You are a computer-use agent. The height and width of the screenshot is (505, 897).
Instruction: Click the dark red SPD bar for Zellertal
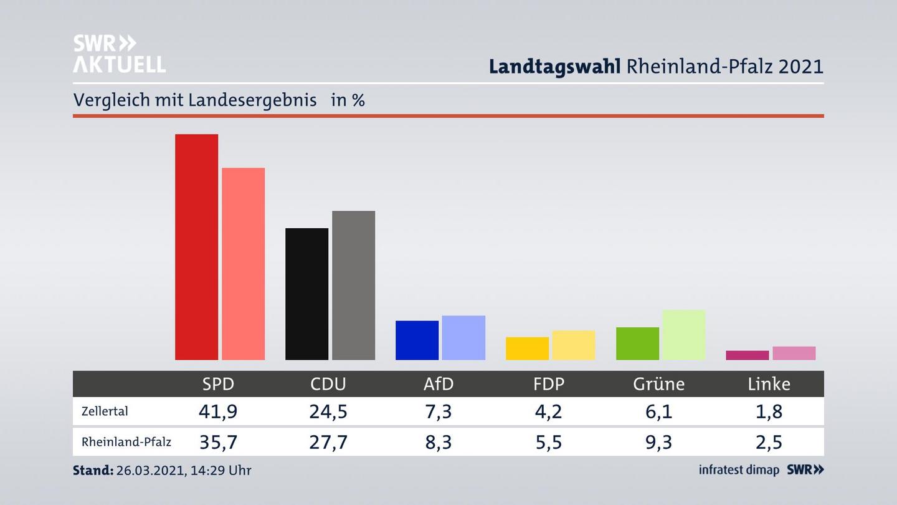pos(196,247)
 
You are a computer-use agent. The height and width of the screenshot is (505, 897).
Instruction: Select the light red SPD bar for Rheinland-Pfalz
pos(243,264)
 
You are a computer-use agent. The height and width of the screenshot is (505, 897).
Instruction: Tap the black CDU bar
pos(306,294)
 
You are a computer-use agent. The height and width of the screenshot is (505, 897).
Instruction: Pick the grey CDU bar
pos(353,285)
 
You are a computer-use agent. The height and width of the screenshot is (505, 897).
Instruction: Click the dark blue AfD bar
pos(417,340)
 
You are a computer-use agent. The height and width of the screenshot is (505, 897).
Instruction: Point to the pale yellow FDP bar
pos(573,345)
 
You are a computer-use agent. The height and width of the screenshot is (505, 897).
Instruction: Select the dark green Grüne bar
pos(637,344)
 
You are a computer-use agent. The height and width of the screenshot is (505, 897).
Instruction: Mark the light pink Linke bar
pos(794,353)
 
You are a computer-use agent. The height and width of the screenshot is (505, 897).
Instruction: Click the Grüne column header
pos(658,384)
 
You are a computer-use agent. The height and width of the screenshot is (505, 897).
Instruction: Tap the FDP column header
pos(549,384)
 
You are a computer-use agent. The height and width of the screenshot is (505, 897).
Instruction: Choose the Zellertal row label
pos(105,411)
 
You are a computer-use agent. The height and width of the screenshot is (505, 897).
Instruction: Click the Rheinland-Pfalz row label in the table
pos(126,442)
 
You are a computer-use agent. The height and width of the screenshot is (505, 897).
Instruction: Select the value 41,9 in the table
pos(218,411)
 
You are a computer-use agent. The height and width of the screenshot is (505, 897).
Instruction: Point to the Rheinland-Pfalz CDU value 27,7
pos(328,442)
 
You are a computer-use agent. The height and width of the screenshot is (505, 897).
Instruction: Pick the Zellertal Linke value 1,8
pos(769,411)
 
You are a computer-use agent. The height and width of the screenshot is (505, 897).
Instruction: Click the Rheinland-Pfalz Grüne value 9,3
pos(658,442)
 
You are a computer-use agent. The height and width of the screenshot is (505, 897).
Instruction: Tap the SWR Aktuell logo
pos(119,54)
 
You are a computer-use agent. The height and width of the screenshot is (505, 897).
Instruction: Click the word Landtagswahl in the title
pos(554,66)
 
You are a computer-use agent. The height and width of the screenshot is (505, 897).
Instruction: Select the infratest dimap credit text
pos(739,470)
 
